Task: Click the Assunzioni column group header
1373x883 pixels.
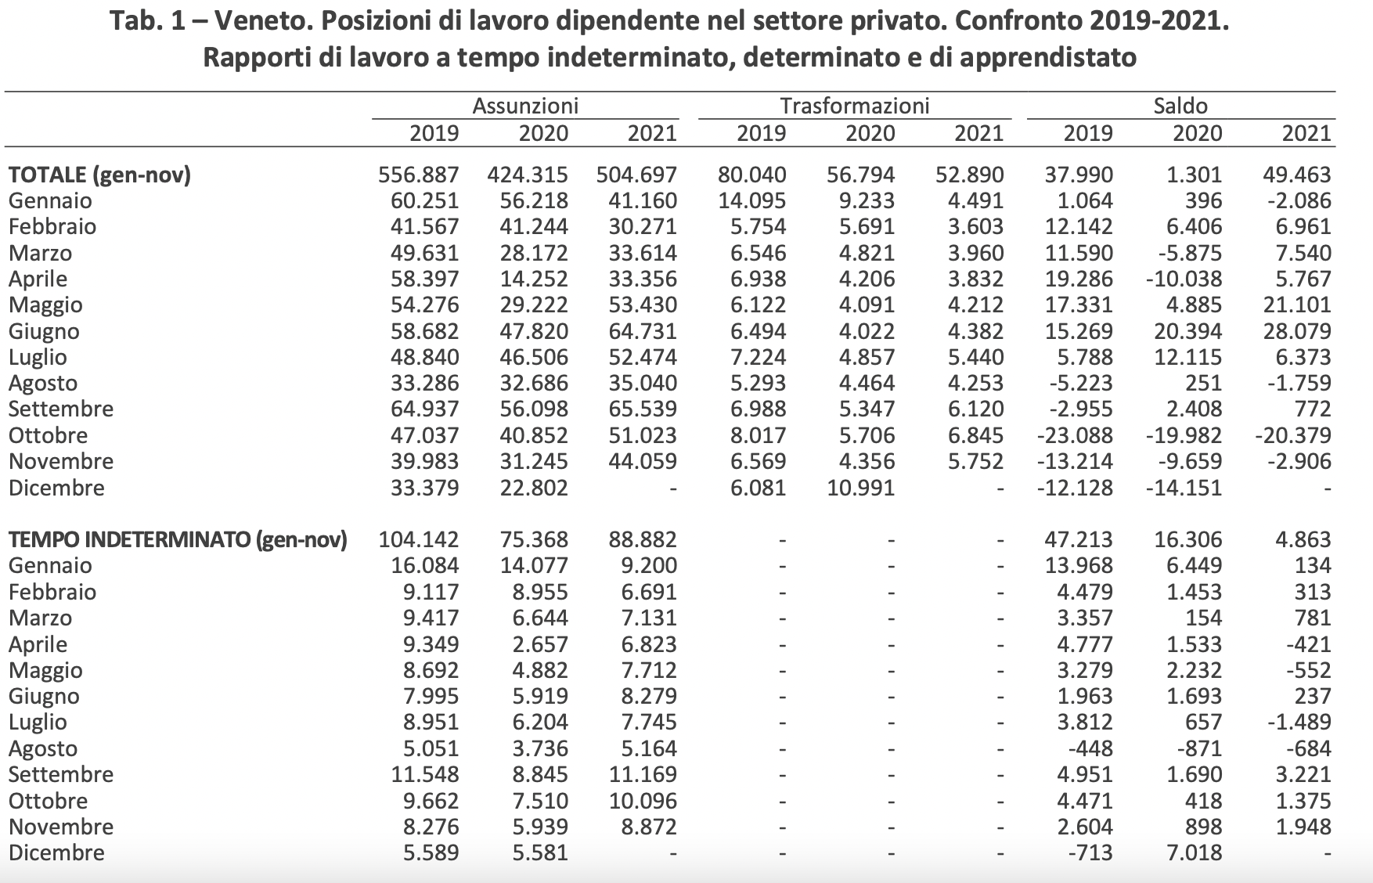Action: pos(525,106)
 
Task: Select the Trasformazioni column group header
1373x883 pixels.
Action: pos(855,106)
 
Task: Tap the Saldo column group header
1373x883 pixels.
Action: pos(1180,106)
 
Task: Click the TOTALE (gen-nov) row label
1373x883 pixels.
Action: pos(99,175)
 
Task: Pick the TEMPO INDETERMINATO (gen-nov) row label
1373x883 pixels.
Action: pos(178,539)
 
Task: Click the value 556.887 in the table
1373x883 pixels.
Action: pos(419,175)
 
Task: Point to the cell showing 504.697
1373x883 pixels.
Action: pos(636,175)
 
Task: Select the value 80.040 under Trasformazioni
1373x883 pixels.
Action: pos(752,175)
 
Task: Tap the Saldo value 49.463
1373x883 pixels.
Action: pos(1297,175)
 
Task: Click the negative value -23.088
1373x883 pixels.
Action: pos(1074,435)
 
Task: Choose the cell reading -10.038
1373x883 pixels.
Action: pos(1184,279)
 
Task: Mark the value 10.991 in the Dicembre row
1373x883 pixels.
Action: pos(861,488)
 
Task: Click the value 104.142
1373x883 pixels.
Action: pos(419,539)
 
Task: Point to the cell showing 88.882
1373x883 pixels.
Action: pos(643,539)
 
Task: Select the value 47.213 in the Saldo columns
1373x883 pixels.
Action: pos(1079,539)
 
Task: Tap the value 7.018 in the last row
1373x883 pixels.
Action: pos(1194,852)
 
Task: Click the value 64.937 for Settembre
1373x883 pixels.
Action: pos(425,409)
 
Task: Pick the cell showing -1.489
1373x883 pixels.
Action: pos(1299,722)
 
